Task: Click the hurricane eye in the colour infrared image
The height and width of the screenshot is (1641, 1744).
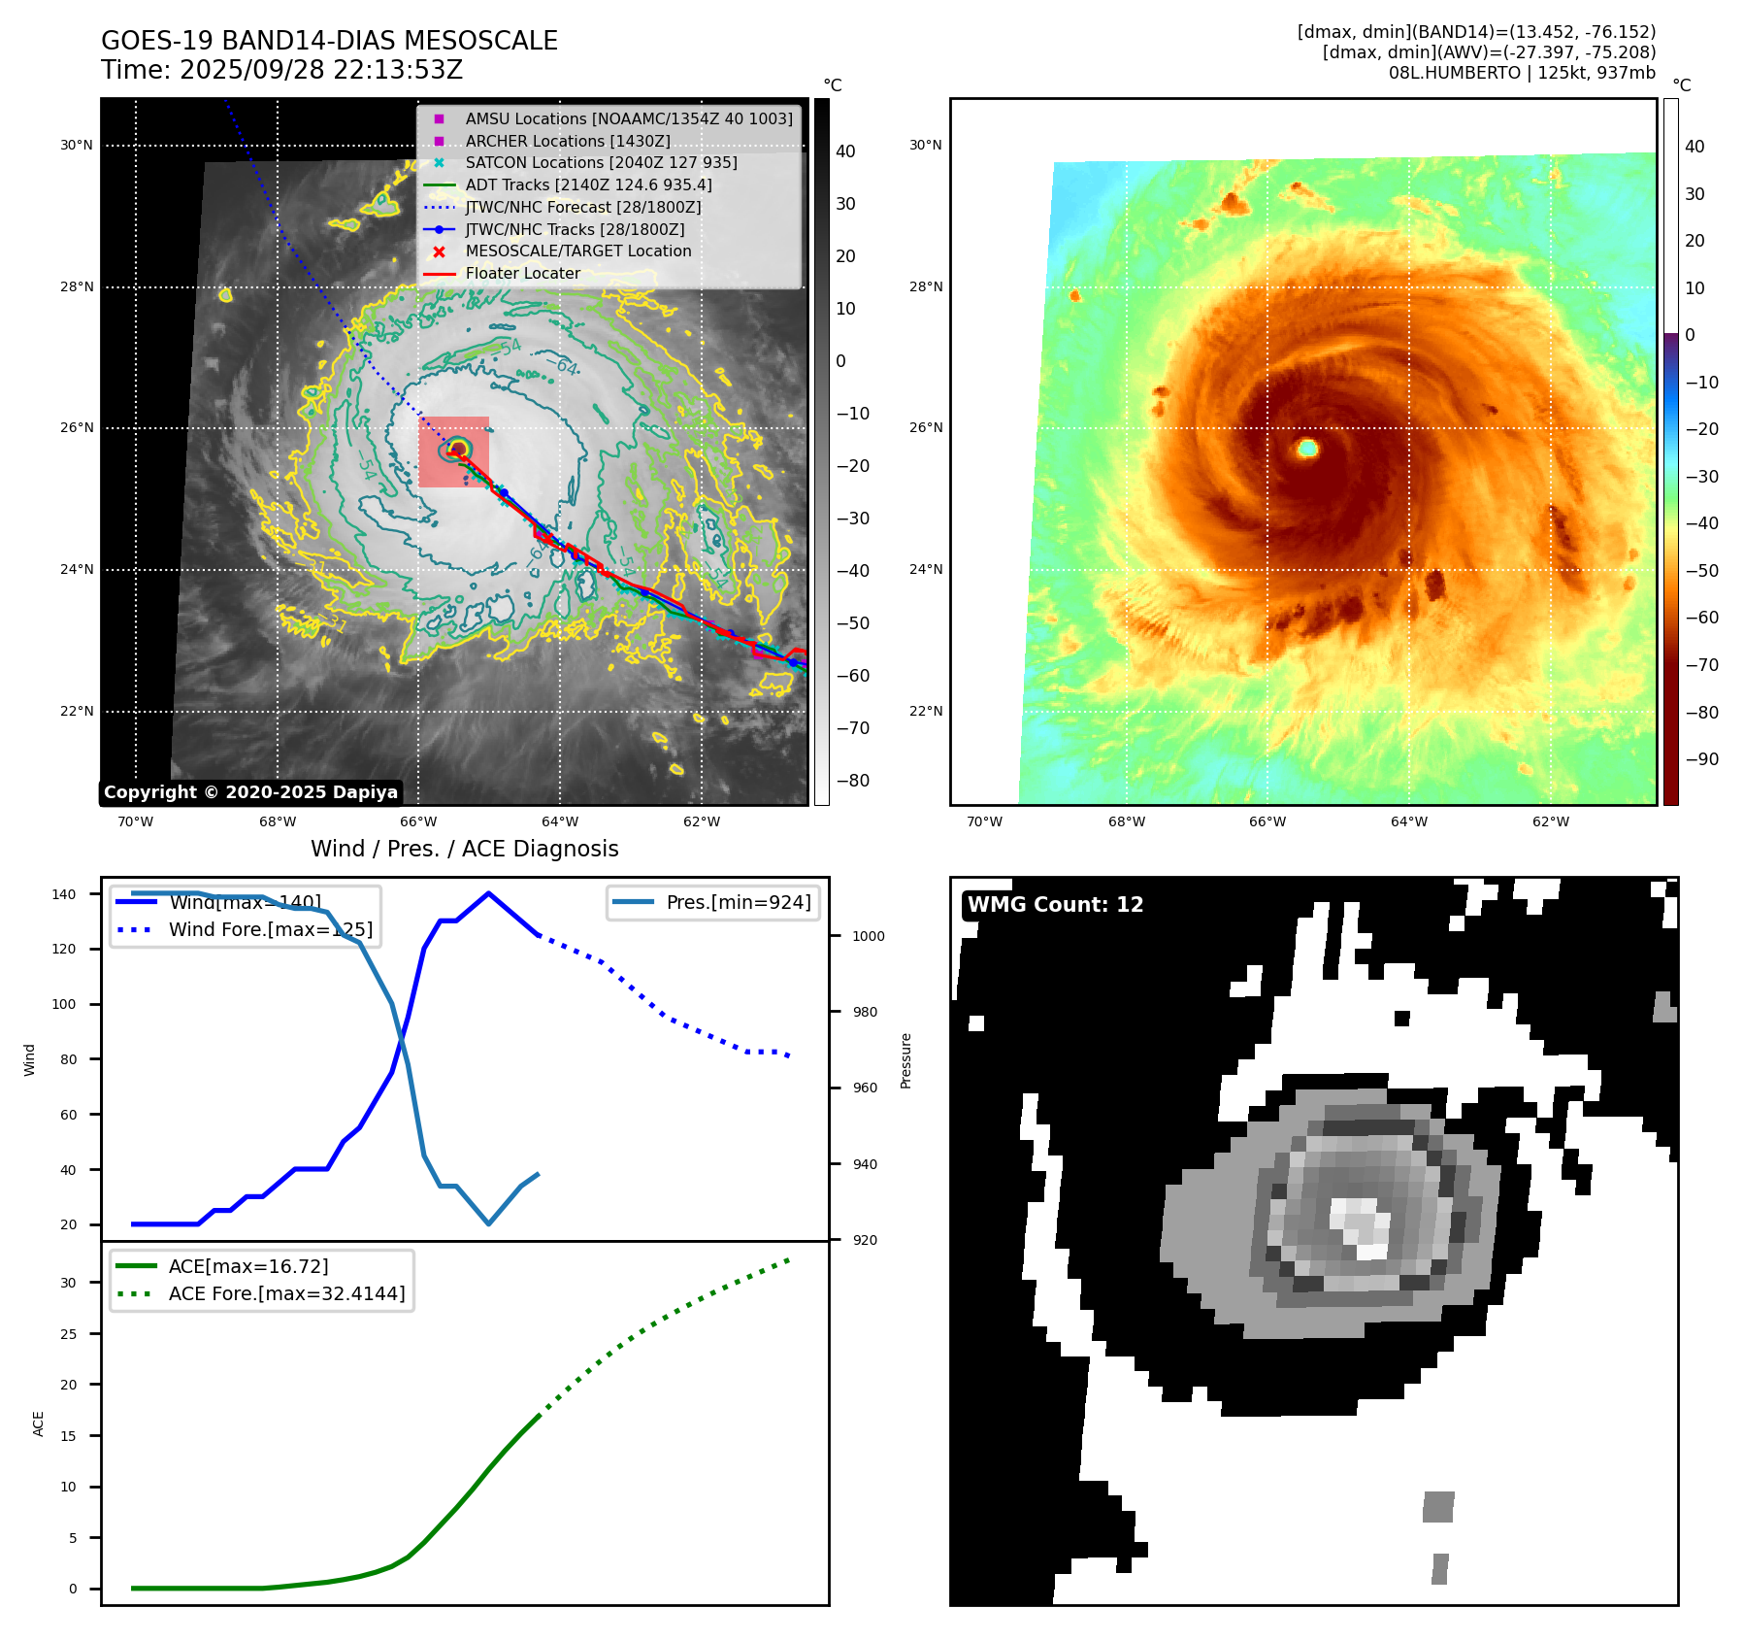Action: [x=1307, y=448]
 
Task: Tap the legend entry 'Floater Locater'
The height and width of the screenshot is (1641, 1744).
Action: [x=522, y=274]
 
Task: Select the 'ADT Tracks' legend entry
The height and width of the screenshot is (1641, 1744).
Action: [x=588, y=184]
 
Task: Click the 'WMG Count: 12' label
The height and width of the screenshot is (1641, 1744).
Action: [x=1055, y=905]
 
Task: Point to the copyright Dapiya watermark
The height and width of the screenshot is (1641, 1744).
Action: [x=250, y=792]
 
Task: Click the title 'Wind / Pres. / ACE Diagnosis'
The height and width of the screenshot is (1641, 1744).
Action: [x=464, y=849]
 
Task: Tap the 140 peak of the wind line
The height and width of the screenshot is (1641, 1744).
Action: [x=488, y=893]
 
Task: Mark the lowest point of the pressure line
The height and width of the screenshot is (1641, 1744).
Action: [x=488, y=1223]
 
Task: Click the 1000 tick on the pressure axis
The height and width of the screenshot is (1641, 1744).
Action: [x=868, y=936]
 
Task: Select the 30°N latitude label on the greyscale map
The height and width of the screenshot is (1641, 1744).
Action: [x=77, y=146]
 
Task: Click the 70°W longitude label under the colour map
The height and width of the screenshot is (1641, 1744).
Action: [x=984, y=821]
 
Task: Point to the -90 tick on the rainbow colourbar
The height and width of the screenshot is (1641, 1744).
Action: [x=1701, y=759]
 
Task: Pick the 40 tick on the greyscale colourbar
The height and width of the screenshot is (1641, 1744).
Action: [x=845, y=151]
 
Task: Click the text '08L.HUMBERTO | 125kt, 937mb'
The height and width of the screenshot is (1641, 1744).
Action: [x=1521, y=73]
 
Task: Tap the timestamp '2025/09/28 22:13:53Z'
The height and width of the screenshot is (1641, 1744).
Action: [x=321, y=70]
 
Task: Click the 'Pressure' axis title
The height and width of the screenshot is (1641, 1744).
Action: [x=905, y=1060]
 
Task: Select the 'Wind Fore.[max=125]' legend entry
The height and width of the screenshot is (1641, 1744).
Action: [x=270, y=929]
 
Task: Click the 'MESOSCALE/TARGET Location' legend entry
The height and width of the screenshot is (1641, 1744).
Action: [x=577, y=251]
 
